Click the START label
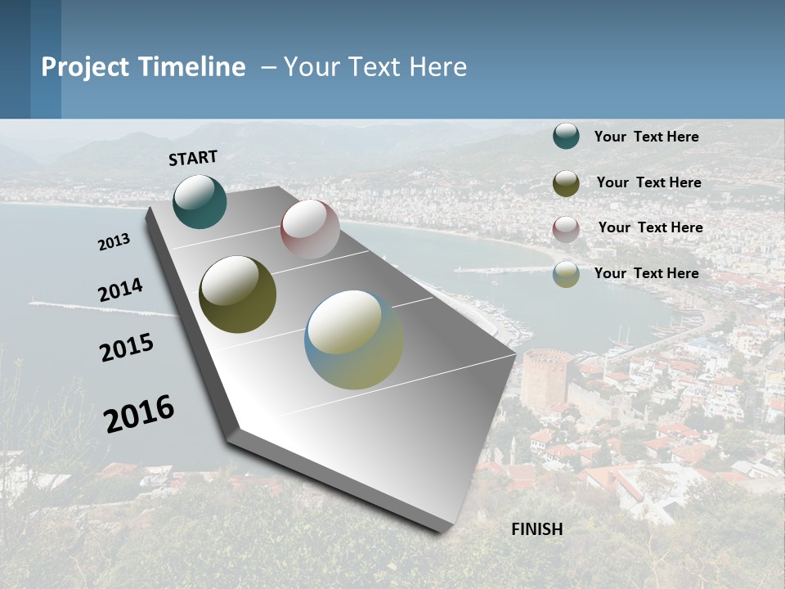point(193,158)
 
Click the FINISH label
point(537,529)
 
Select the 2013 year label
point(114,241)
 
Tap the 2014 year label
point(120,290)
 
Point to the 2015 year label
point(127,348)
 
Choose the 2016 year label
point(139,413)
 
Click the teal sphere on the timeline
point(200,201)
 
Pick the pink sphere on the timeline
point(310,228)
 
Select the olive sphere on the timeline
point(237,294)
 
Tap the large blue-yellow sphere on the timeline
point(354,339)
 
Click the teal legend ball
point(566,136)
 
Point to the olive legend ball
point(566,183)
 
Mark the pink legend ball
point(566,229)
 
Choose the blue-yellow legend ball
point(566,274)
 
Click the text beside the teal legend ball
point(646,137)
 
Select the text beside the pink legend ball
point(650,227)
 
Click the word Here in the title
point(437,67)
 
